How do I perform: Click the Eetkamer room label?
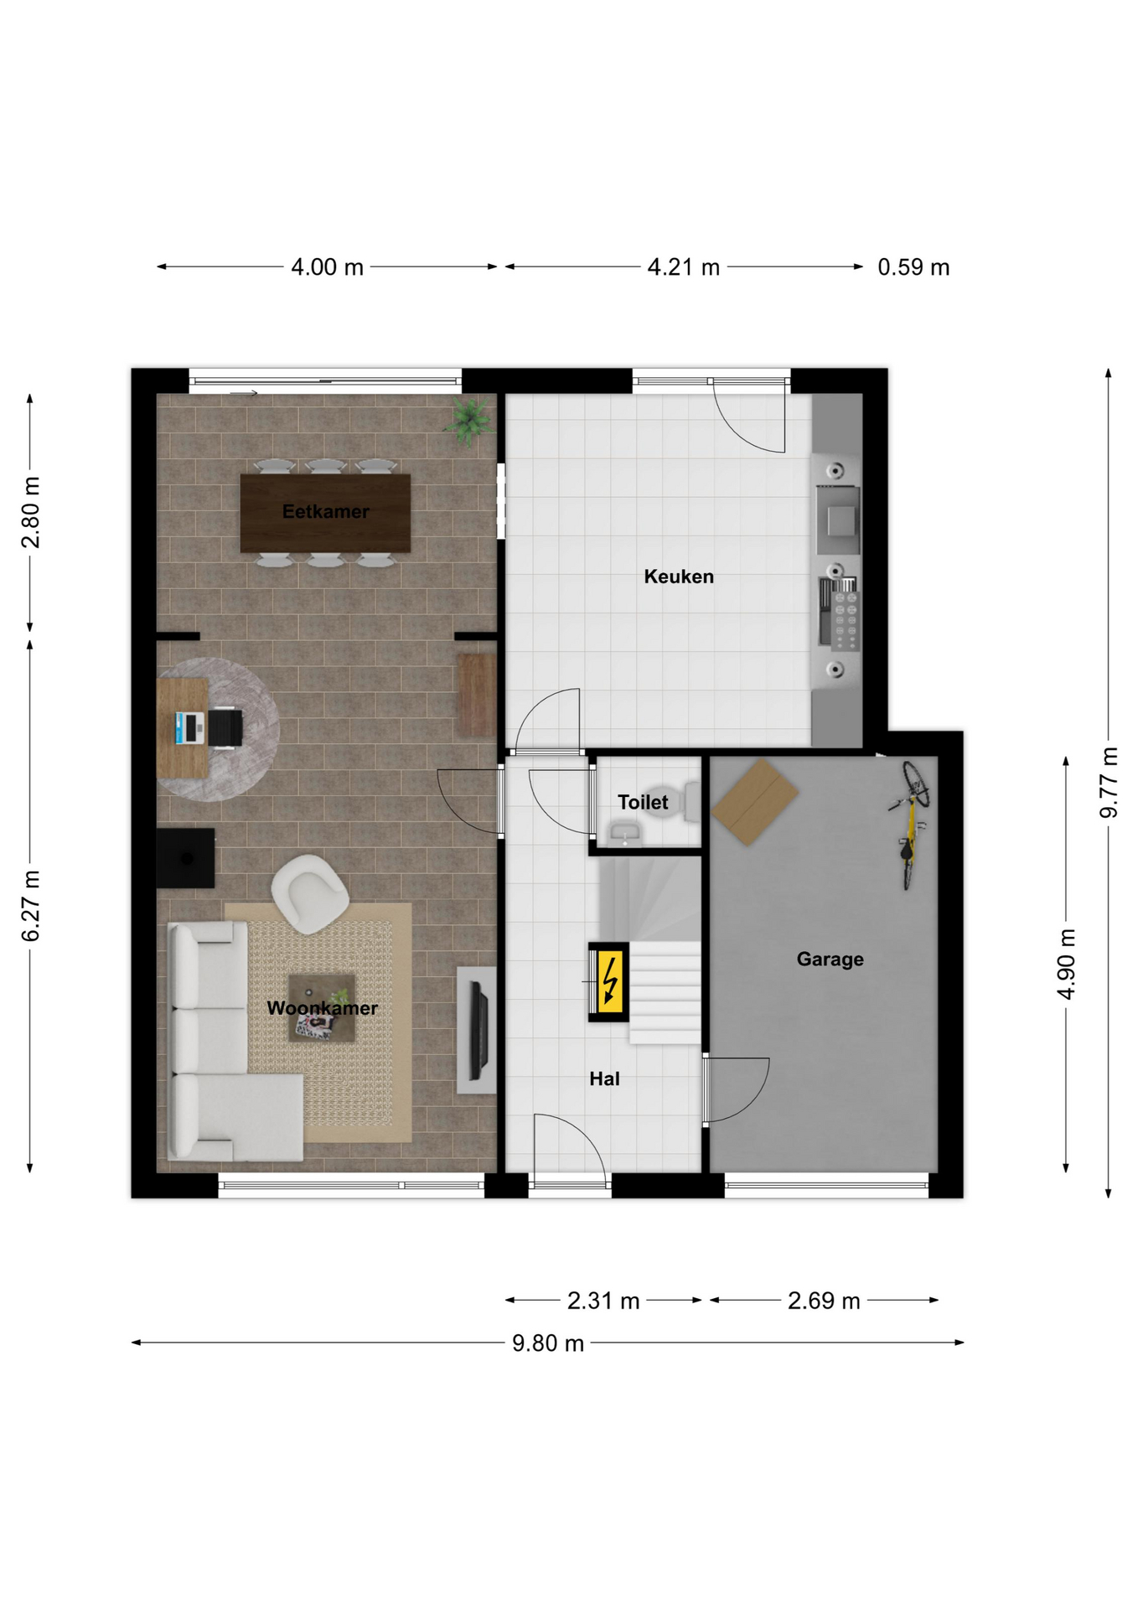[x=325, y=511]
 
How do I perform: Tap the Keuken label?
[x=679, y=577]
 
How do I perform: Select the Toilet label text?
[x=643, y=802]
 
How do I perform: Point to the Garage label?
[x=830, y=960]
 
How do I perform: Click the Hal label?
[x=604, y=1079]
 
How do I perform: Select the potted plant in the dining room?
[x=470, y=420]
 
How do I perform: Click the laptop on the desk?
[x=190, y=727]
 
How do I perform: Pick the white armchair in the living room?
[x=309, y=893]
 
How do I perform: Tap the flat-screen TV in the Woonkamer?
[x=478, y=1030]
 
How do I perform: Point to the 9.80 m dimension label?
[x=548, y=1343]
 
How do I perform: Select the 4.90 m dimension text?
[x=1066, y=964]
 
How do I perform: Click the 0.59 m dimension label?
[x=913, y=267]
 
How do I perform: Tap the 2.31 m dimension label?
[x=603, y=1301]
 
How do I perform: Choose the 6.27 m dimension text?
[x=31, y=906]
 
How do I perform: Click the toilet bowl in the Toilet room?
[x=682, y=802]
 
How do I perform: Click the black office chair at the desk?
[x=225, y=727]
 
